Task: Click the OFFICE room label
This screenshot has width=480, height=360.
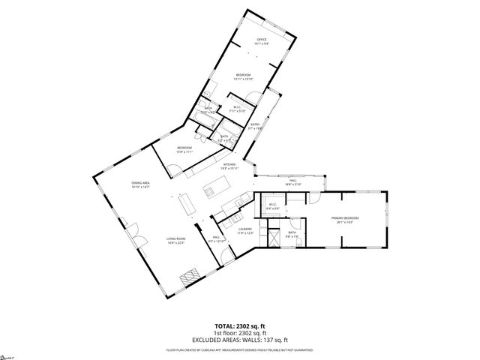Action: (x=262, y=40)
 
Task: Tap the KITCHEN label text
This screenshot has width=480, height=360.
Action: (x=229, y=164)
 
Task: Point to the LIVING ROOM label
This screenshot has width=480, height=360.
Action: (x=175, y=238)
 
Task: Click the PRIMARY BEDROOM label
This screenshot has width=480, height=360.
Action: (x=346, y=217)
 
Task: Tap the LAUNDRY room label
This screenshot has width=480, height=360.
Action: (x=244, y=229)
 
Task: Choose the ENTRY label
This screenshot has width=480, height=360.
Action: (x=255, y=124)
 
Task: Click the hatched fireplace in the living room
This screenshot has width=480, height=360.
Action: (x=187, y=276)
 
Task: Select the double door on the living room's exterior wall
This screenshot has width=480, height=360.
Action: (x=133, y=234)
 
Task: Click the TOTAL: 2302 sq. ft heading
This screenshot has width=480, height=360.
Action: (x=239, y=326)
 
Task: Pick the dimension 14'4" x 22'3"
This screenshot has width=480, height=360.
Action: (x=175, y=243)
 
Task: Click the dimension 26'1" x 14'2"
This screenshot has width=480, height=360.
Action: (x=346, y=222)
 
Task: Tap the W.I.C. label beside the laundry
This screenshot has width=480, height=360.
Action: (x=272, y=204)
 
